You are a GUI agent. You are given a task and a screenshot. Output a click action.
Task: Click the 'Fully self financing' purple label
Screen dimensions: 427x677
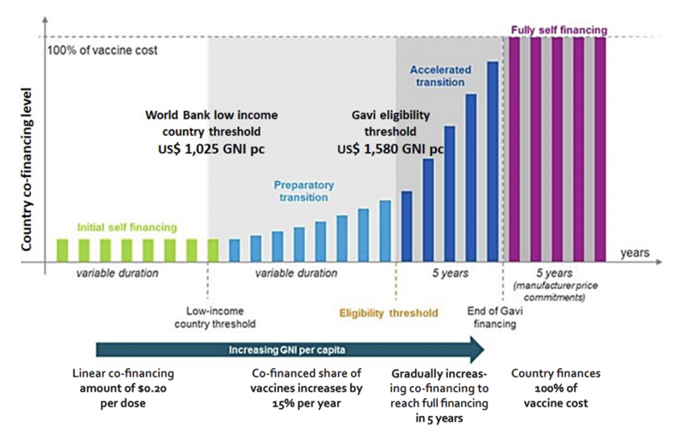point(558,30)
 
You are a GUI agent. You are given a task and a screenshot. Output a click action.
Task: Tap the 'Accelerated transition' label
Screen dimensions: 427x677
point(437,75)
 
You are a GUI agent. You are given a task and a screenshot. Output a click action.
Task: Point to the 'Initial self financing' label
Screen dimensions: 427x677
point(127,228)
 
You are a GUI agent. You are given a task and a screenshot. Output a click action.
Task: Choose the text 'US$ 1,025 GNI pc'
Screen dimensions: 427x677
point(212,149)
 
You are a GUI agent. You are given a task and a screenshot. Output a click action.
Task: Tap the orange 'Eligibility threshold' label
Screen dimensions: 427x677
point(388,313)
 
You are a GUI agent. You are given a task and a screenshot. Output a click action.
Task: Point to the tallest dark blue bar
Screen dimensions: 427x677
point(492,161)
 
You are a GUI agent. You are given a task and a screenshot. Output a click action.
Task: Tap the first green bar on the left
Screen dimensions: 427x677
point(61,250)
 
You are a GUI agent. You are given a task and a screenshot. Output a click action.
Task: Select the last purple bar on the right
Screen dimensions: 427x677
point(599,149)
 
